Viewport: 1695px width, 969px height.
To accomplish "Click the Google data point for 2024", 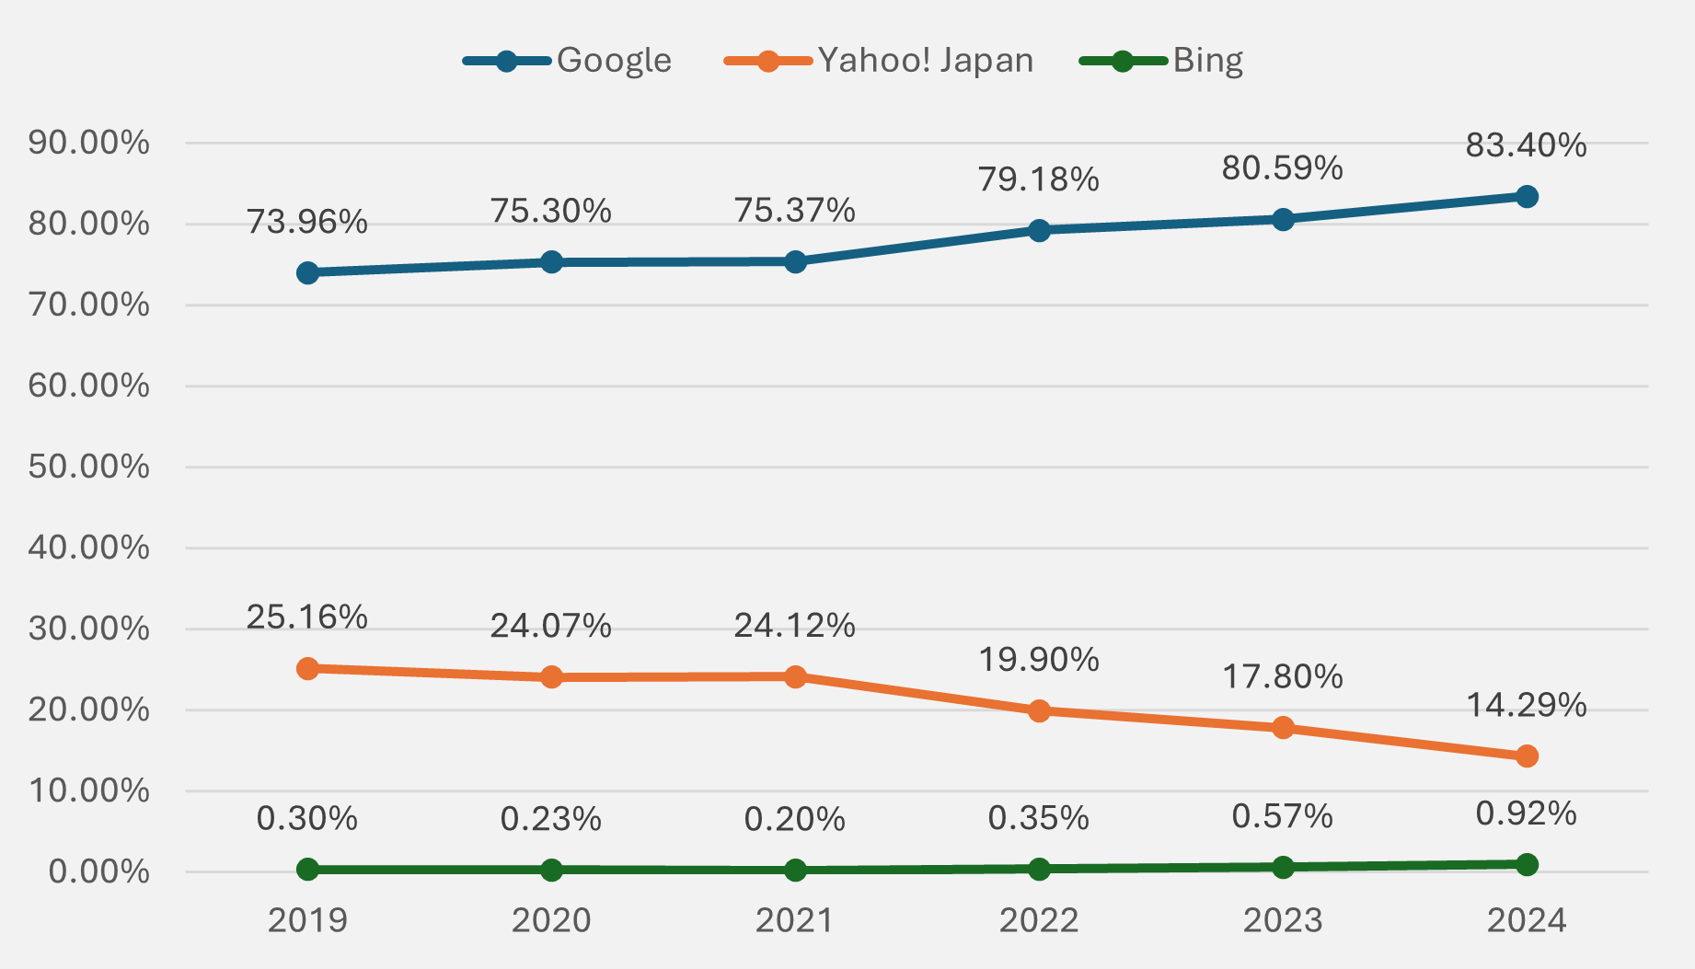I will (1527, 197).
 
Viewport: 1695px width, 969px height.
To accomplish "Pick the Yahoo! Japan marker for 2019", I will (308, 669).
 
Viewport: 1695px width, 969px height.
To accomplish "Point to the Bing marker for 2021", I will (795, 871).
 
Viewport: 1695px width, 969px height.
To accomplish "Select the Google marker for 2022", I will (1039, 230).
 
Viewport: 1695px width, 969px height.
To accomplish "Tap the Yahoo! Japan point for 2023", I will (1283, 728).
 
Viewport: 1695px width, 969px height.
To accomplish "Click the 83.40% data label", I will (1526, 145).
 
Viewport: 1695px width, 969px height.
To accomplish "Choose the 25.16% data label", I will (306, 617).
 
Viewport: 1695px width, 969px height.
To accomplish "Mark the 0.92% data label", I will (1526, 813).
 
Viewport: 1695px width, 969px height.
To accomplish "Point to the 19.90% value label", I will (1038, 660).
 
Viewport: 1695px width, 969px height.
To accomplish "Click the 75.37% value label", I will (794, 211).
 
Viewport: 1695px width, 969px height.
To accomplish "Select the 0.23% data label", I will (550, 819).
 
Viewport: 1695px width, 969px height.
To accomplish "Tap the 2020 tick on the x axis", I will (551, 920).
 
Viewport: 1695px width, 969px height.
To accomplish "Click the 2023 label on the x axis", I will (1283, 920).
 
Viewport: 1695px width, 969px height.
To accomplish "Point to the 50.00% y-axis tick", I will (88, 467).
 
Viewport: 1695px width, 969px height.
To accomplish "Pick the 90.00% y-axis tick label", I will (88, 143).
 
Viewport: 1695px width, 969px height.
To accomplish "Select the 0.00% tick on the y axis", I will (98, 871).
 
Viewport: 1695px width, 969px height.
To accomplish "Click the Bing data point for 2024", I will (1527, 864).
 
